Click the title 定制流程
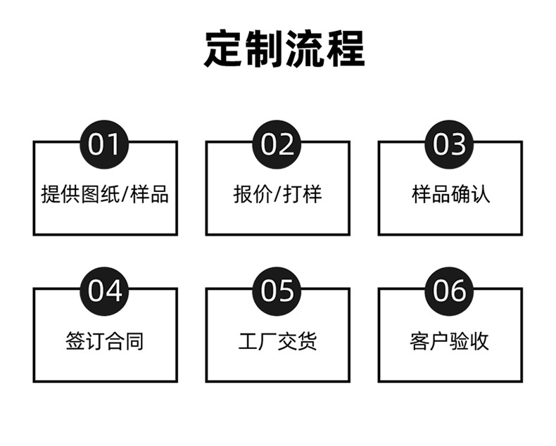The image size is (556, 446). [284, 49]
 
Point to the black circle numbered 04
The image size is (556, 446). [105, 290]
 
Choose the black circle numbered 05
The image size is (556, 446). [277, 290]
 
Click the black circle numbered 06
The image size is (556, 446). [450, 290]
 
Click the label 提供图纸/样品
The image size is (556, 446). [105, 194]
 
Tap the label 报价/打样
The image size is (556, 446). [277, 194]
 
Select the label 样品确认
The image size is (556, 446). [450, 194]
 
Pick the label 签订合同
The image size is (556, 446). [105, 341]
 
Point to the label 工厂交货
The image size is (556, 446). [277, 341]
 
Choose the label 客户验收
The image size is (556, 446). [450, 341]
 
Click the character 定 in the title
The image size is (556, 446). [225, 49]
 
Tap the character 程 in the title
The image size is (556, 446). [344, 49]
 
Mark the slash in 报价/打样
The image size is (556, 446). [277, 194]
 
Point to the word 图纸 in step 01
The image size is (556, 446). [95, 194]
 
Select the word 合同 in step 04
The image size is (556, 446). [125, 341]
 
